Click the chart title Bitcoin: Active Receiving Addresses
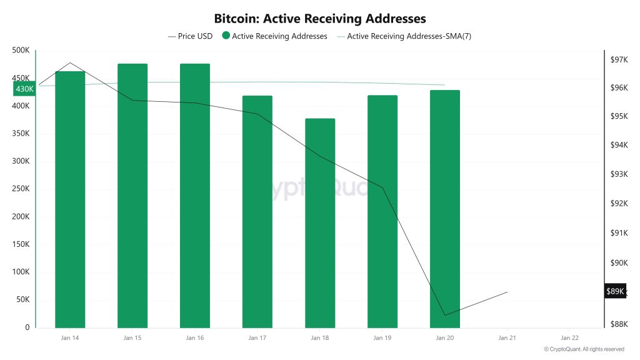tap(320, 19)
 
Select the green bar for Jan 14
tap(70, 200)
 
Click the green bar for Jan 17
tap(257, 212)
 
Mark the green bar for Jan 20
tap(445, 209)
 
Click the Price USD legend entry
tap(191, 36)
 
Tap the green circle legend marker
tap(226, 36)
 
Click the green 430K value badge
tap(24, 89)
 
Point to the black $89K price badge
tap(614, 291)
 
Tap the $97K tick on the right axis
tap(619, 59)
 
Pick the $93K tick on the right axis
tap(619, 174)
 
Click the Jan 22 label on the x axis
tap(570, 338)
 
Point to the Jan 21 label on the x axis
tap(507, 338)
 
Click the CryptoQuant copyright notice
tap(584, 349)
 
